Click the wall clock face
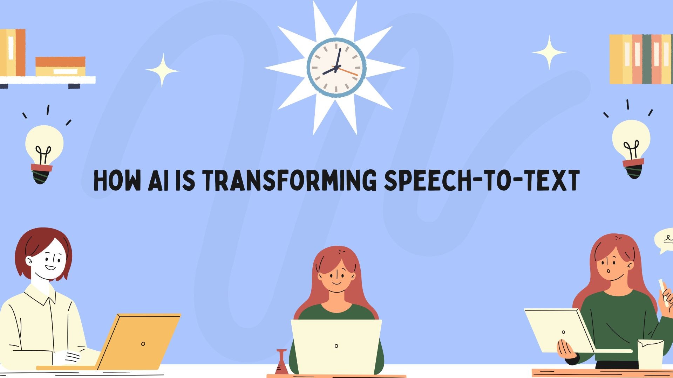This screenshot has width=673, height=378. [x=336, y=68]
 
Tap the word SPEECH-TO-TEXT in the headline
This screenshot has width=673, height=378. [x=482, y=181]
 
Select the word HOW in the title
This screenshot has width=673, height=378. [x=117, y=181]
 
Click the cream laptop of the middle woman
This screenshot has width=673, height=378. [x=336, y=347]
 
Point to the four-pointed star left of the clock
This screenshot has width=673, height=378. [x=162, y=71]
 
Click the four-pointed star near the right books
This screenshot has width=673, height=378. [x=549, y=52]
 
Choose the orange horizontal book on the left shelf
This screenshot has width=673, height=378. [x=60, y=62]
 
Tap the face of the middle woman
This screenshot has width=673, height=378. [x=336, y=276]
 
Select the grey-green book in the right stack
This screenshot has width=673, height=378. [x=647, y=59]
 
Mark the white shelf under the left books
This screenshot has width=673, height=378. [x=48, y=80]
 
